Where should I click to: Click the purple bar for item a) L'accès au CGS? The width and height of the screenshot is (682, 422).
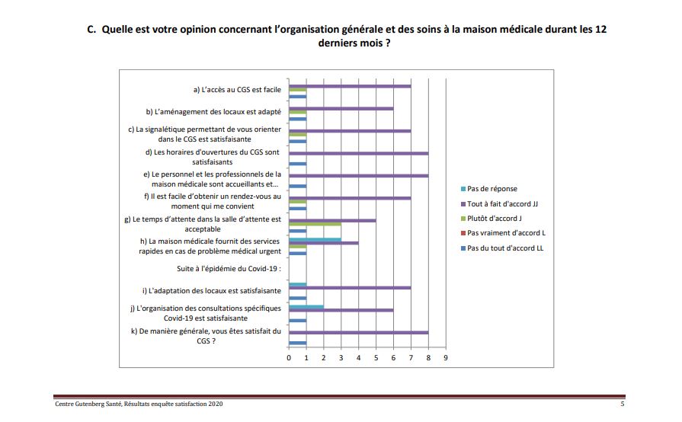tap(349, 86)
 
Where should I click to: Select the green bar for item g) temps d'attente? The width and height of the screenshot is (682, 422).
tap(315, 225)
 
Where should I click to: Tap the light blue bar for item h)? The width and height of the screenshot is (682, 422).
tap(315, 239)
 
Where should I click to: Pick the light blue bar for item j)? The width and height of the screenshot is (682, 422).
tap(306, 308)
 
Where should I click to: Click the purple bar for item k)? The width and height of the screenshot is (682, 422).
tap(358, 332)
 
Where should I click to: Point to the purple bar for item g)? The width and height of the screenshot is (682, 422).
tap(332, 221)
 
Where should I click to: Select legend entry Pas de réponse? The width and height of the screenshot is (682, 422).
tap(491, 189)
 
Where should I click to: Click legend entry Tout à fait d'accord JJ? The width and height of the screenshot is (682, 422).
tap(503, 203)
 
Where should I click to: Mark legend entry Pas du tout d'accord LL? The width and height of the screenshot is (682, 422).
tap(505, 248)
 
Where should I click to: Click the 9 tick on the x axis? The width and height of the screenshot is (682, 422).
tap(446, 357)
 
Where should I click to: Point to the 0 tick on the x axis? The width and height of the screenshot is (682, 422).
tap(289, 357)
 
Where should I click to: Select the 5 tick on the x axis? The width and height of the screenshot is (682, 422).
tap(376, 357)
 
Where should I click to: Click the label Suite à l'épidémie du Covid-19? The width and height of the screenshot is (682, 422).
tap(229, 270)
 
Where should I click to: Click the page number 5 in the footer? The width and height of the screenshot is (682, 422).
tap(622, 404)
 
